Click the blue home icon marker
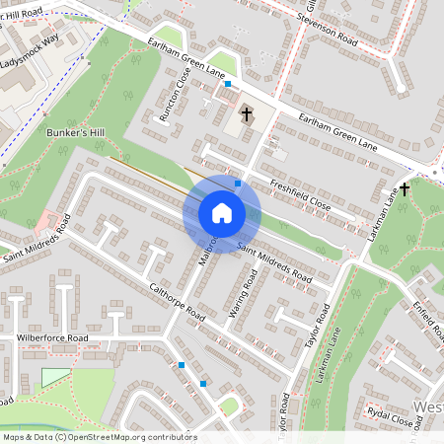[222, 213]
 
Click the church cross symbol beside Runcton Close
[245, 115]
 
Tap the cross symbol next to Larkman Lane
[405, 188]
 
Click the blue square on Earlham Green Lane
[228, 85]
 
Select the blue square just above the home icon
[238, 183]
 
